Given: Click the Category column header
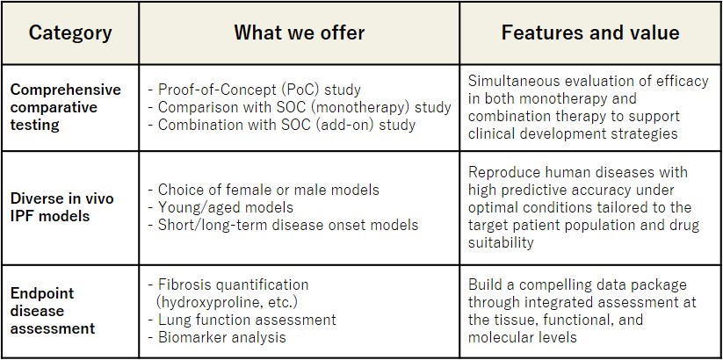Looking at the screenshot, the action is click(70, 33).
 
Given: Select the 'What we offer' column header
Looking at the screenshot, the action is click(300, 32).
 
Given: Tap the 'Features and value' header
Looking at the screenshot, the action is click(590, 32).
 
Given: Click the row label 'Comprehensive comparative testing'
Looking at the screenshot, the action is click(66, 107).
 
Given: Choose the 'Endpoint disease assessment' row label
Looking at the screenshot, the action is click(53, 311).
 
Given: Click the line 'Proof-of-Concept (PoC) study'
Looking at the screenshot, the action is click(254, 90).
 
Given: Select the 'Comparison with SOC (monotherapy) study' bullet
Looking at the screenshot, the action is click(300, 107).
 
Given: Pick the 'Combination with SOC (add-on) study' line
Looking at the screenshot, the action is click(281, 125).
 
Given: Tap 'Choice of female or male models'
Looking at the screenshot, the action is click(264, 190).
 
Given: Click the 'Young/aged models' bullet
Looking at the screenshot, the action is click(221, 207).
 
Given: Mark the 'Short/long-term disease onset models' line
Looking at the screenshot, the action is click(283, 225).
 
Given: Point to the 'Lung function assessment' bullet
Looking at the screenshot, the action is click(242, 320).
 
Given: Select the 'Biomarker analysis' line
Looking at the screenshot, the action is click(217, 337).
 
